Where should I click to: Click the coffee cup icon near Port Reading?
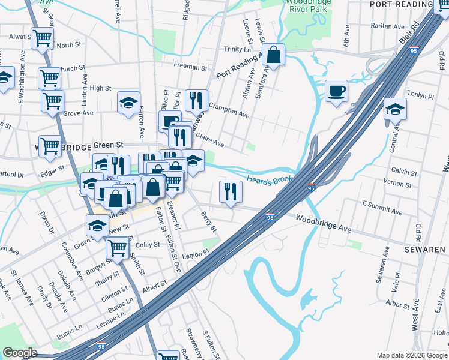click(336, 91)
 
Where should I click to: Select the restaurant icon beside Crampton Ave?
click(196, 101)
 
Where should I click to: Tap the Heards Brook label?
click(269, 179)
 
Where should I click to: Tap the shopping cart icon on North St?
click(43, 39)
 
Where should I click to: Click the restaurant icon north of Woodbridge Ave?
click(231, 192)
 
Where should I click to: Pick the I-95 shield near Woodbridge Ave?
click(270, 218)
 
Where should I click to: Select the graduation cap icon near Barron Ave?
click(128, 102)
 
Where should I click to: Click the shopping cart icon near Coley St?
click(117, 247)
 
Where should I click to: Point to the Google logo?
click(20, 352)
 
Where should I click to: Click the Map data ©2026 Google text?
click(411, 355)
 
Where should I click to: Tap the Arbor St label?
click(398, 304)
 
